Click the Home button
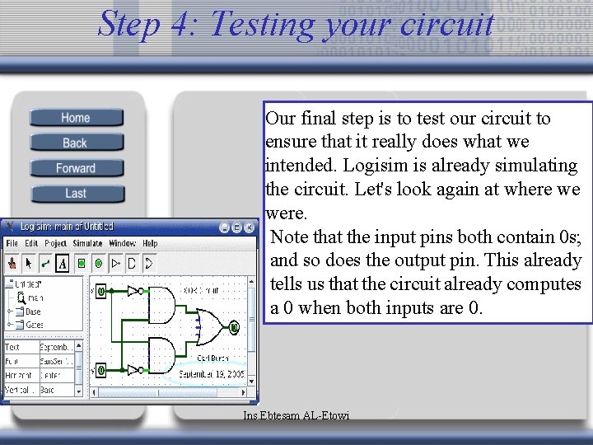(x=76, y=118)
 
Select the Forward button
(x=76, y=168)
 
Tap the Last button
(x=76, y=194)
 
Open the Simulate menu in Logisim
(x=87, y=244)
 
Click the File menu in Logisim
(x=12, y=244)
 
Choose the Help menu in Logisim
(x=150, y=244)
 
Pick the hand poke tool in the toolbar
(x=12, y=264)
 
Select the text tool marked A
(x=62, y=264)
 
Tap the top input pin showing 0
(x=100, y=291)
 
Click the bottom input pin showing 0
(x=100, y=371)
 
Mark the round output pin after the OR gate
(x=234, y=327)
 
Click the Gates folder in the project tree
(x=33, y=325)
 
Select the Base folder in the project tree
(x=32, y=311)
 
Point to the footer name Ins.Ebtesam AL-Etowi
(x=296, y=416)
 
